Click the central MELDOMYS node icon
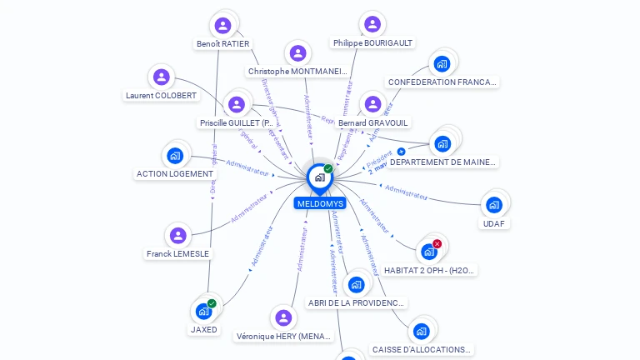coord(319,177)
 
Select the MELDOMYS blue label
coord(319,203)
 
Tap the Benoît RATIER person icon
coord(222,25)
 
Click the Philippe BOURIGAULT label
coord(372,43)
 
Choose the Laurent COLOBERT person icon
coord(162,77)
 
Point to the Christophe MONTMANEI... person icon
coord(297,53)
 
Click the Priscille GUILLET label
coord(237,123)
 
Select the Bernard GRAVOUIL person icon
coord(372,104)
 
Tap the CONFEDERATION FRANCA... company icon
coord(442,63)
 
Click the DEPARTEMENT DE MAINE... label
coord(443,162)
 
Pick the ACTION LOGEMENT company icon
coord(175,155)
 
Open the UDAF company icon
coord(494,204)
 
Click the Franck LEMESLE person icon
coord(177,236)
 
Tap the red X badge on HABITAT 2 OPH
coord(437,244)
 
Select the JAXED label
coord(204,330)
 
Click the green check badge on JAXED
coord(212,304)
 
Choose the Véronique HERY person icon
coord(284,317)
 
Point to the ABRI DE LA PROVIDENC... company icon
coord(357,284)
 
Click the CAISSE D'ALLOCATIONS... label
coord(422,350)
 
